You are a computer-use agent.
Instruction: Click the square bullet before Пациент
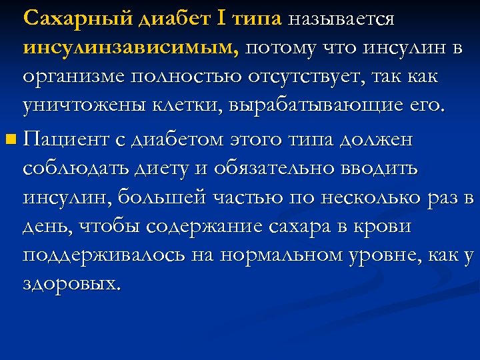(8, 140)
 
